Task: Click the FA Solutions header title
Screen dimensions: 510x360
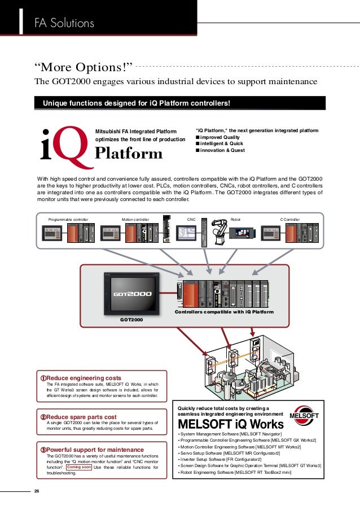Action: click(63, 23)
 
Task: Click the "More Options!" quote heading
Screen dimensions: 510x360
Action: click(83, 67)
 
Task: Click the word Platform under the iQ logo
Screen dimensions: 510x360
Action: click(129, 154)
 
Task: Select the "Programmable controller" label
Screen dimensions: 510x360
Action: click(68, 219)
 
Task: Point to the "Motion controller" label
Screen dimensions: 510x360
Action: click(135, 219)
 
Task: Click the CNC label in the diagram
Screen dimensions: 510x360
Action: click(191, 219)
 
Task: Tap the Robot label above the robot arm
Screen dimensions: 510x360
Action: click(235, 219)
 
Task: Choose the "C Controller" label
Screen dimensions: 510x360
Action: click(290, 219)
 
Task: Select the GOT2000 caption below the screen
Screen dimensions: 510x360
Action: click(130, 320)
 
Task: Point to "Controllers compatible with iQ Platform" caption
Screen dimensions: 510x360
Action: click(224, 312)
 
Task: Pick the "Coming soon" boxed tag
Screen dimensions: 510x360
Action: click(78, 467)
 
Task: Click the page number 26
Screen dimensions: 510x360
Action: click(37, 490)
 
